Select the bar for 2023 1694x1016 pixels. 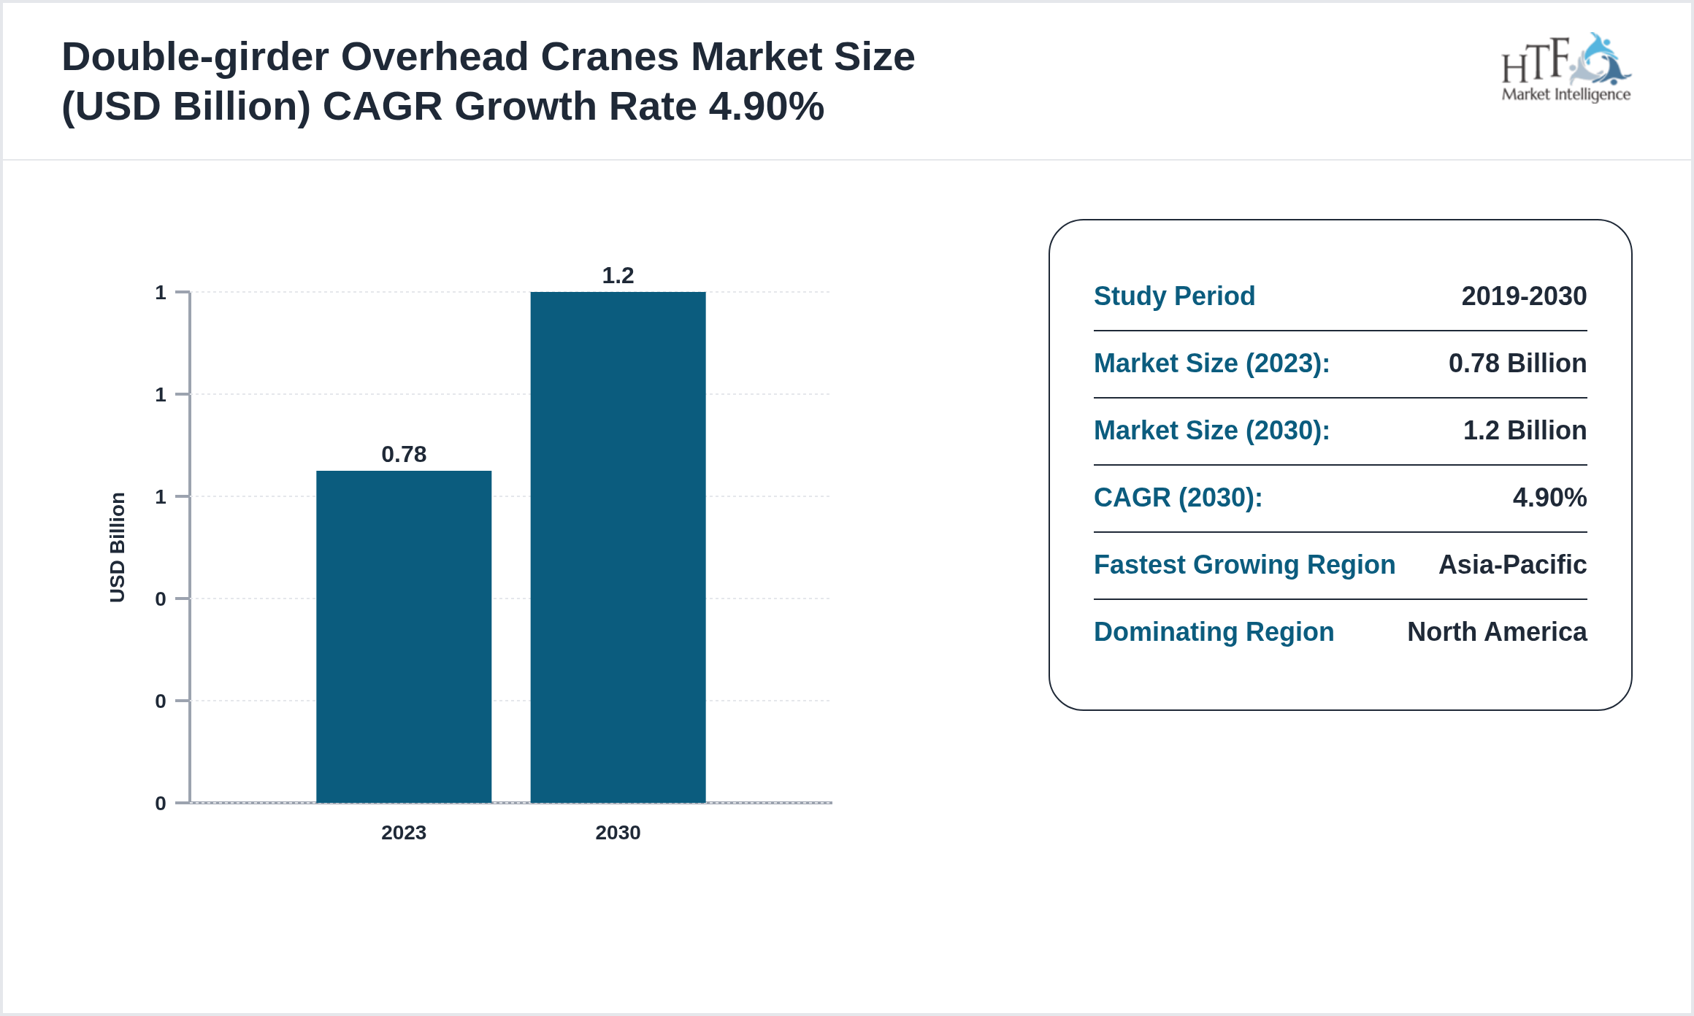click(404, 636)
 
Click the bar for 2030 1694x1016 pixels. click(618, 547)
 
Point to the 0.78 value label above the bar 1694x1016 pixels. click(404, 455)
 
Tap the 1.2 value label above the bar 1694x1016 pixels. click(618, 276)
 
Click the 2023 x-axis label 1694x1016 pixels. click(404, 833)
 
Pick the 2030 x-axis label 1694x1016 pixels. click(618, 833)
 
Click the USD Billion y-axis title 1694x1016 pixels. click(118, 547)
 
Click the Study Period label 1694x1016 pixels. click(1174, 296)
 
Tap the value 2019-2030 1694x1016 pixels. click(1524, 296)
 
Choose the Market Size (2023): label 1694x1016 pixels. click(1211, 363)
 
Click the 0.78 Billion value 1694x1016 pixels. click(1517, 363)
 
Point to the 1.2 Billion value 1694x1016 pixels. click(1525, 431)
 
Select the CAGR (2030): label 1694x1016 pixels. click(1178, 498)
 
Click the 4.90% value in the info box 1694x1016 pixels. click(1549, 498)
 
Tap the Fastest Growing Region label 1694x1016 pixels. click(1244, 565)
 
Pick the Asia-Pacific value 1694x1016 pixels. click(1512, 565)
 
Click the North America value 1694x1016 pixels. click(1497, 632)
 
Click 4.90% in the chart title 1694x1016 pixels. click(767, 107)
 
